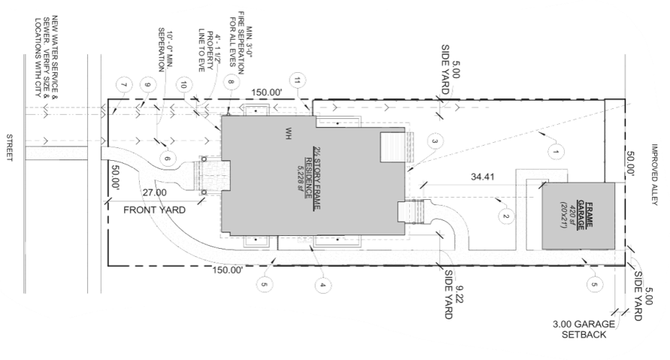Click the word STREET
pos(10,147)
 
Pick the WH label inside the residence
pos(288,134)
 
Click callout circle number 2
pos(507,218)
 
